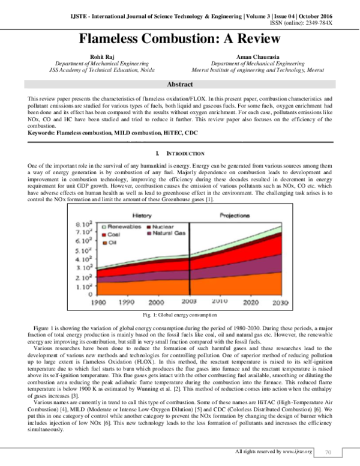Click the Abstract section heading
pos(180,85)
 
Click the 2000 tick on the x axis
pos(155,303)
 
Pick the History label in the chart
pos(142,214)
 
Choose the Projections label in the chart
pos(234,214)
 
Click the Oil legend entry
pos(112,243)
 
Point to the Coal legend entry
pos(113,235)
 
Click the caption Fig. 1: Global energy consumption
pos(179,315)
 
